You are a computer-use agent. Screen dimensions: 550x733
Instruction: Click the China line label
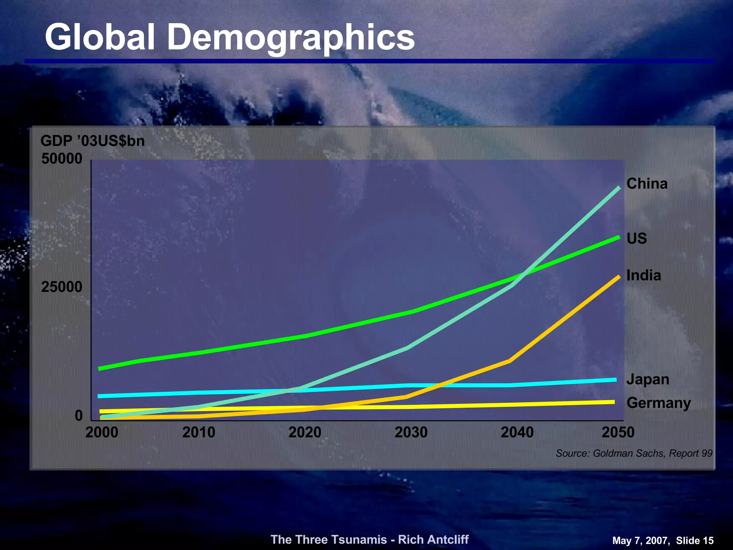pos(647,184)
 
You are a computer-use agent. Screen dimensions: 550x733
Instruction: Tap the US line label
pos(636,238)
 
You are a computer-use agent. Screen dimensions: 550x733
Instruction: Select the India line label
pos(644,275)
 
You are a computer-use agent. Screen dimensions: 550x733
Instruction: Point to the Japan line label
pos(647,379)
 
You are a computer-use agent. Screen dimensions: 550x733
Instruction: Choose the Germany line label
pos(658,403)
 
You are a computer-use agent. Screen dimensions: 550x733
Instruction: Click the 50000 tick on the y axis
pos(62,159)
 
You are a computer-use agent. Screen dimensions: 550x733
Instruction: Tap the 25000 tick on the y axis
pos(62,287)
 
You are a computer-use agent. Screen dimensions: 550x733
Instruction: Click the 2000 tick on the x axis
pos(102,433)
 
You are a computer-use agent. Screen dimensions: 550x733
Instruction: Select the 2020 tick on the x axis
pos(305,433)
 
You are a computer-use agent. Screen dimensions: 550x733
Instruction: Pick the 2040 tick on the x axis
pos(517,433)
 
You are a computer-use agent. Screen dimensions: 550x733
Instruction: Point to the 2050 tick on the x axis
pos(618,433)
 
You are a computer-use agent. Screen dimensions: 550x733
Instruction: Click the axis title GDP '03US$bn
pos(92,141)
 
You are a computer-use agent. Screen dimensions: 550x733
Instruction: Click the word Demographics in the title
pos(291,37)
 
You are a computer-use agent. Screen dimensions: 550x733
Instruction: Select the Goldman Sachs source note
pos(634,453)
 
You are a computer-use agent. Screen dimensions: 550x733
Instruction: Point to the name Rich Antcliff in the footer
pos(433,539)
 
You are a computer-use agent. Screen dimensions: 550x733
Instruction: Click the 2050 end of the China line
pos(619,187)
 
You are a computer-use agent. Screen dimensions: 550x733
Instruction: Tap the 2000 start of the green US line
pos(99,368)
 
